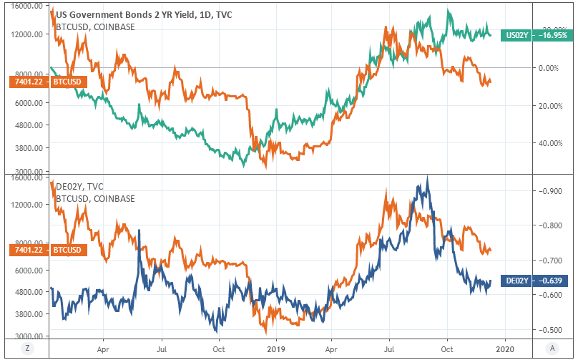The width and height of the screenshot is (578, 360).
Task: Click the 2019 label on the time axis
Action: (275, 348)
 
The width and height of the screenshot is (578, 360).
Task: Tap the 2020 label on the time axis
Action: (505, 348)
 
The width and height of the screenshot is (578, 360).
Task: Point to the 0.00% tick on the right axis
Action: (549, 68)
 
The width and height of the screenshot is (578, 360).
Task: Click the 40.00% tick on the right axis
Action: (549, 143)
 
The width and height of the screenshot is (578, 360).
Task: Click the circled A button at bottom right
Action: (552, 348)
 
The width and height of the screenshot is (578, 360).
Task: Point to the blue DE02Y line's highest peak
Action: (427, 177)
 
